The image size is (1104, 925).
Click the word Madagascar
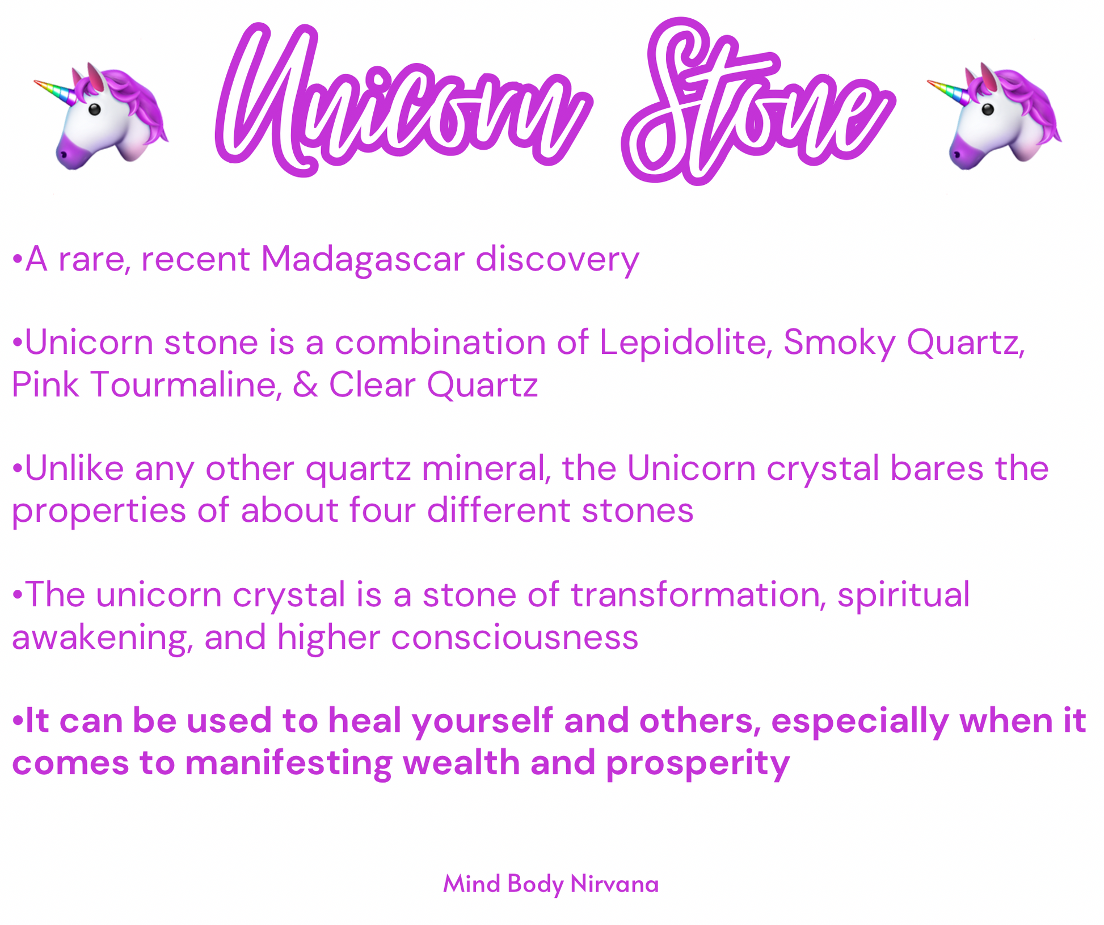pyautogui.click(x=363, y=260)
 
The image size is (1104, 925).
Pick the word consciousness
pyautogui.click(x=515, y=637)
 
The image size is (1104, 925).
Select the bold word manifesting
pyautogui.click(x=288, y=763)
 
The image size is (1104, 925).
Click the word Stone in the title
pyautogui.click(x=757, y=102)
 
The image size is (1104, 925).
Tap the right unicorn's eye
pyautogui.click(x=988, y=109)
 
